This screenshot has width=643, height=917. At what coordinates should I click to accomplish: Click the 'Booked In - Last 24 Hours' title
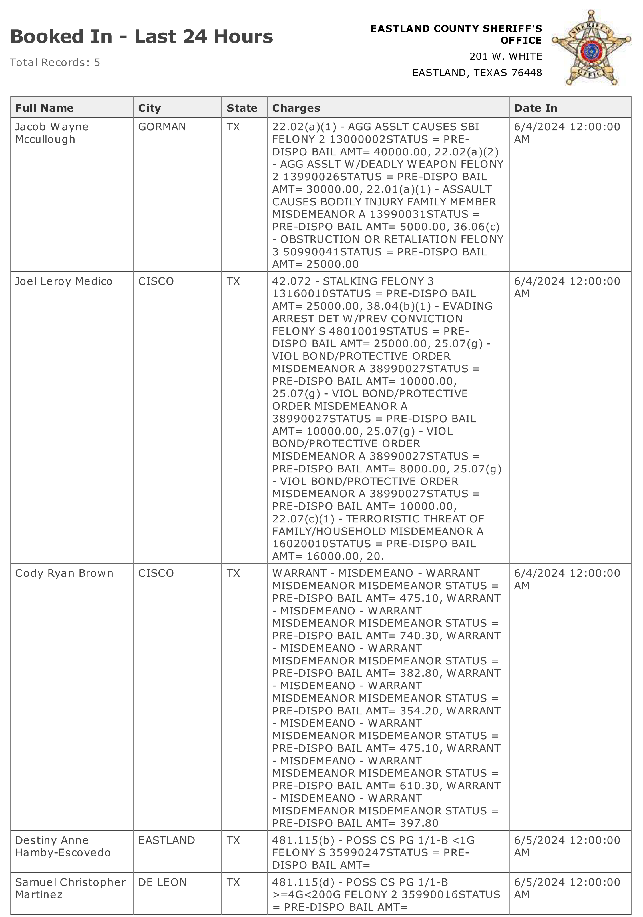141,37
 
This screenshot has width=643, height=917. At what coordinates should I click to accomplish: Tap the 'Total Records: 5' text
55,63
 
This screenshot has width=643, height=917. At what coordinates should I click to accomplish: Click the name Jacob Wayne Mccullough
51,133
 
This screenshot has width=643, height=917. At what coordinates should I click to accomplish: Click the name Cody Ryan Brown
64,573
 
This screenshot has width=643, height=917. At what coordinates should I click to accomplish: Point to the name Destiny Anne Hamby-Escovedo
63,846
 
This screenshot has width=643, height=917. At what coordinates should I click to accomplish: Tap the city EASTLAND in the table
166,840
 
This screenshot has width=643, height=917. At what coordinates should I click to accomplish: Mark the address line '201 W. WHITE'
505,57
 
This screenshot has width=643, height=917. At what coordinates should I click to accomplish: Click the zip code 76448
526,73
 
